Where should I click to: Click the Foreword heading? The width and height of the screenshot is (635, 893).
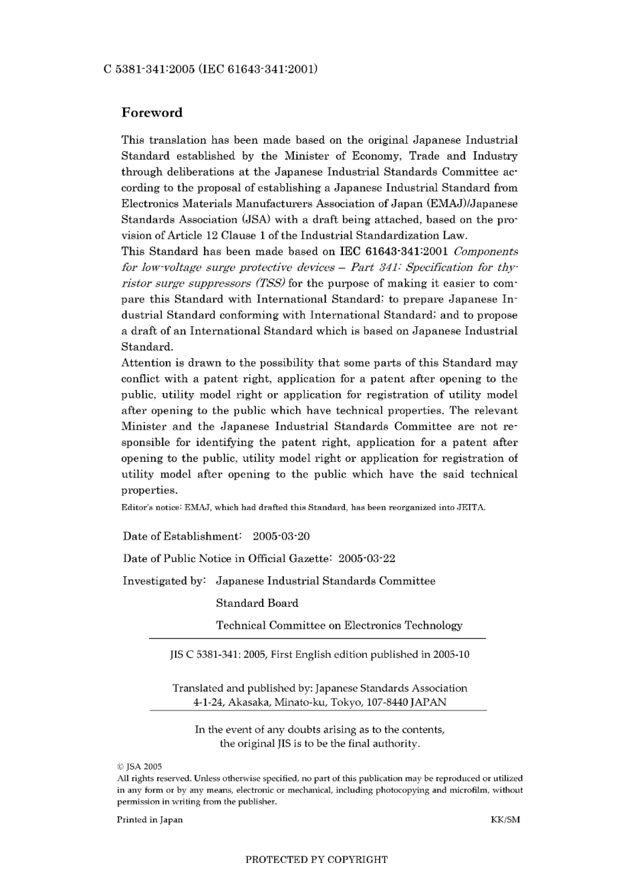pos(152,112)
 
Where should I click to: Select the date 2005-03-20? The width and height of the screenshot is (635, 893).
pos(281,536)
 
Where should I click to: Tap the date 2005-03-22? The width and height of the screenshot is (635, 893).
pos(366,558)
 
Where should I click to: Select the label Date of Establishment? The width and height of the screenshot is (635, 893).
pos(181,536)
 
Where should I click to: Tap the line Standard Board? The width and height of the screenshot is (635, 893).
pos(257,603)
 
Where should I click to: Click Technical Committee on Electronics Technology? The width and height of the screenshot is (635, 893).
pos(339,626)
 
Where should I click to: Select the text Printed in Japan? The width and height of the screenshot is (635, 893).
pos(150,819)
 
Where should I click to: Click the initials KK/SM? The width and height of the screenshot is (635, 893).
pos(505,819)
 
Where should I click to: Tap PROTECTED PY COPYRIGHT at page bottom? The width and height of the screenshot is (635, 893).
pos(316,860)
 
